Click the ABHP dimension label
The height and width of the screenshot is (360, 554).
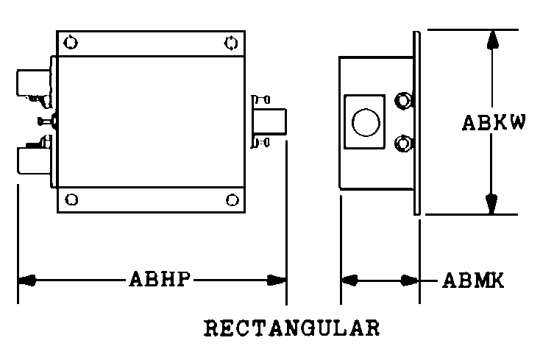click(161, 280)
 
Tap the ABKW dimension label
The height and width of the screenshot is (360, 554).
click(494, 123)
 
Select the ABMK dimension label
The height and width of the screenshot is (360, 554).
click(473, 280)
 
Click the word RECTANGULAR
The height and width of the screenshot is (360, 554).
click(291, 327)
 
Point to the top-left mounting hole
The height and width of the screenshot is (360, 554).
click(70, 43)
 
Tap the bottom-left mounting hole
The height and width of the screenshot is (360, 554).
click(71, 200)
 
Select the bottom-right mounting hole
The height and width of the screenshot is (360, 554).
click(232, 200)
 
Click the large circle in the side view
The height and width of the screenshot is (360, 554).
click(365, 121)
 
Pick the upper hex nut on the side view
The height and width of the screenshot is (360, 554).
click(402, 100)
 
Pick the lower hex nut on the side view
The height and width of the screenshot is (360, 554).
click(402, 143)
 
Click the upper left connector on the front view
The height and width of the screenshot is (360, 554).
click(33, 82)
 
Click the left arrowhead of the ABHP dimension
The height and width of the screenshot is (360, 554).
click(27, 280)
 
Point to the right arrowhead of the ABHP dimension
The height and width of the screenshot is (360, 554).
click(277, 280)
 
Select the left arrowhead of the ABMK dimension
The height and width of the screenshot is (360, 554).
click(350, 280)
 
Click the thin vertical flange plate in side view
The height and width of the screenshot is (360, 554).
click(416, 122)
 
